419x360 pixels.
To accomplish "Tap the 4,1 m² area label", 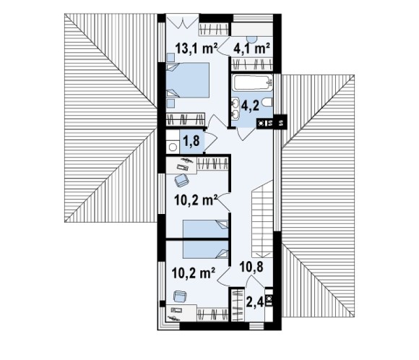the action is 251,48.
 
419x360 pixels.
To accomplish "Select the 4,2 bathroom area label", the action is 250,106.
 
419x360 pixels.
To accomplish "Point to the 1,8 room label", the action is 191,141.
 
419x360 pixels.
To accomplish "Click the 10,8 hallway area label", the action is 251,267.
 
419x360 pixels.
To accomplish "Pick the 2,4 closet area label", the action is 255,302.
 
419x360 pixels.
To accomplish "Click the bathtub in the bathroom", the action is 253,83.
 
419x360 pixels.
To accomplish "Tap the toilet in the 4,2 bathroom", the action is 268,102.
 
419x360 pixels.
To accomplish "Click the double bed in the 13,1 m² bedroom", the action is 187,80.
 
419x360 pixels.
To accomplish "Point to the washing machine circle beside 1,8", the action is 173,147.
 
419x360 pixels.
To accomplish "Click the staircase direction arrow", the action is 264,254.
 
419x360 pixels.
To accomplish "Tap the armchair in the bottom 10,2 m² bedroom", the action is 181,296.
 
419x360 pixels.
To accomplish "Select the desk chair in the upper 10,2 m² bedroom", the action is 182,181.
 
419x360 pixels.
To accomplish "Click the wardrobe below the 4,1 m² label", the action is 252,65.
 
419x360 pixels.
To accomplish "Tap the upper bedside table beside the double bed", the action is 170,57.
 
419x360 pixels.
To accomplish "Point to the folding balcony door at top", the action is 183,22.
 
